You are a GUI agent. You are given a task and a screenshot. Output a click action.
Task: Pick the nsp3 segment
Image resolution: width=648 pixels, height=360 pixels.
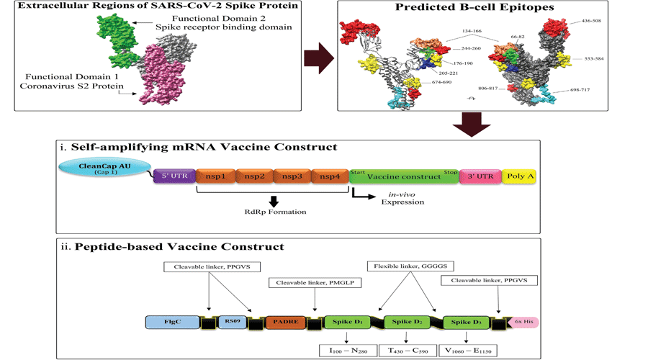292,176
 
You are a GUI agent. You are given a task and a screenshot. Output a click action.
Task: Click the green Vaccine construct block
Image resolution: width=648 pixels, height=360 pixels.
405,176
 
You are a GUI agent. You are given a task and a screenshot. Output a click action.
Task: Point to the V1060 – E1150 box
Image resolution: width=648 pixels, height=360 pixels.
469,351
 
